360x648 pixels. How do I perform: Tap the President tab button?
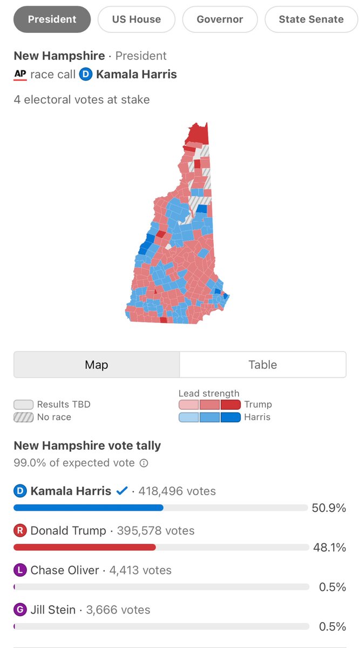coord(52,19)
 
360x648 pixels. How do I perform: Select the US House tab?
coord(137,19)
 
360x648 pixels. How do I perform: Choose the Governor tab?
coord(220,19)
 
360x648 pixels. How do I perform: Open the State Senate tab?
coord(311,19)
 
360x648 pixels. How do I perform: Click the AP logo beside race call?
coord(20,75)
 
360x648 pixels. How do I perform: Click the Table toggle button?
coord(263,364)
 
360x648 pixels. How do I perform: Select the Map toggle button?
coord(97,364)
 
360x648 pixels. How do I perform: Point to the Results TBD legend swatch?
coord(23,404)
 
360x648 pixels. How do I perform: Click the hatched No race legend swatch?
coord(23,417)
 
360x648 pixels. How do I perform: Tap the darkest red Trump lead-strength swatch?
coord(230,404)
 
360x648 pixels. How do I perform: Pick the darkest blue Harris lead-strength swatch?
coord(230,417)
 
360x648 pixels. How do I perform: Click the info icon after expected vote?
coord(144,463)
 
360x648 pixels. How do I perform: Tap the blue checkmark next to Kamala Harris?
coord(122,491)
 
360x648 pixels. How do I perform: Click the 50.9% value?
coord(329,508)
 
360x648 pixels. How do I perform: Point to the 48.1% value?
coord(329,548)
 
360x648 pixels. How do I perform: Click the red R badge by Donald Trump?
coord(20,531)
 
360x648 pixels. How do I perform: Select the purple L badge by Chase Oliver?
coord(20,570)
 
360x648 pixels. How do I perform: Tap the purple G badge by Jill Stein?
coord(20,610)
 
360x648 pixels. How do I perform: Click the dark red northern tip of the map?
coord(198,133)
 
